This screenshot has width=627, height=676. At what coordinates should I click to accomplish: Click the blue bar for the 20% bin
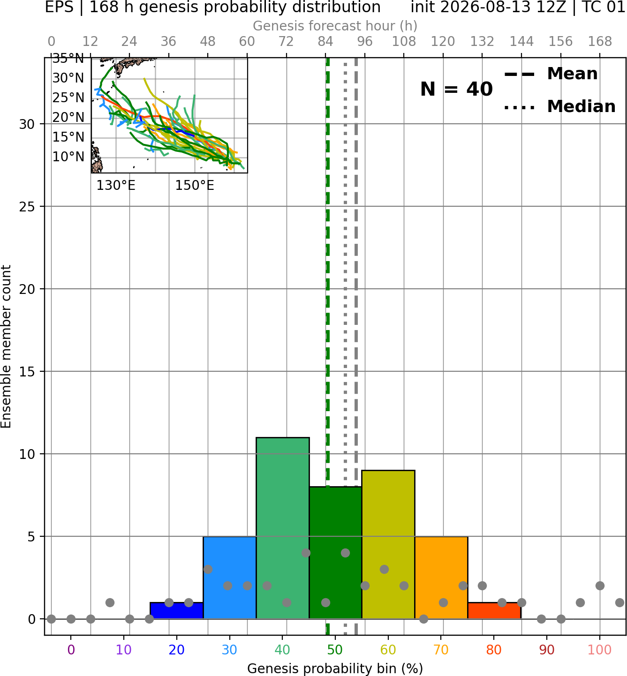point(176,610)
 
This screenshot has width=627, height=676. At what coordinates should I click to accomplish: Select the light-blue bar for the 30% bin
point(229,578)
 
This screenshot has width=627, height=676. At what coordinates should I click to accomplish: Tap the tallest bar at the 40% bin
point(283,528)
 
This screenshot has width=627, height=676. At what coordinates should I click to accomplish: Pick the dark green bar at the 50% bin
point(335,553)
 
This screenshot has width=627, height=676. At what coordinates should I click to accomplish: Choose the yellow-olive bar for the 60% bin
point(388,545)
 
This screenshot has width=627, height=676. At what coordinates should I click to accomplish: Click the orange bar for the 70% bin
point(441,578)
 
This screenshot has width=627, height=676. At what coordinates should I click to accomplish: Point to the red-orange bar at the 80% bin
point(494,610)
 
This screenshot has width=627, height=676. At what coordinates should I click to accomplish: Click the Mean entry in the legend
point(551,74)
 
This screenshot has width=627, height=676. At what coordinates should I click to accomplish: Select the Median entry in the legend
point(559,106)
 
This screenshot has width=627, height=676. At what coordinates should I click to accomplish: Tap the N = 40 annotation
point(456,89)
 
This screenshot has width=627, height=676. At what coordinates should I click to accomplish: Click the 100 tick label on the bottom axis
point(600,650)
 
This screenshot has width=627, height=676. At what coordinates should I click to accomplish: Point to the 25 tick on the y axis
point(27,207)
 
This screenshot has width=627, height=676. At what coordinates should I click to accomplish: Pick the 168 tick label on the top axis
point(600,42)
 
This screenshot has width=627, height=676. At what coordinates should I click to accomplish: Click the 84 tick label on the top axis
point(325,42)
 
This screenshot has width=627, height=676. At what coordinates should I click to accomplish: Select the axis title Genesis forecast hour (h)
point(335,26)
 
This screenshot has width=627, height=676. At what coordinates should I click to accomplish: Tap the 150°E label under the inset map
point(195,186)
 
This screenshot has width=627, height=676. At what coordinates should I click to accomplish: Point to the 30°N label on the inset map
point(68,78)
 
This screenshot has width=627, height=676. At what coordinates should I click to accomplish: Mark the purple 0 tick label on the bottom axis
point(71,650)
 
